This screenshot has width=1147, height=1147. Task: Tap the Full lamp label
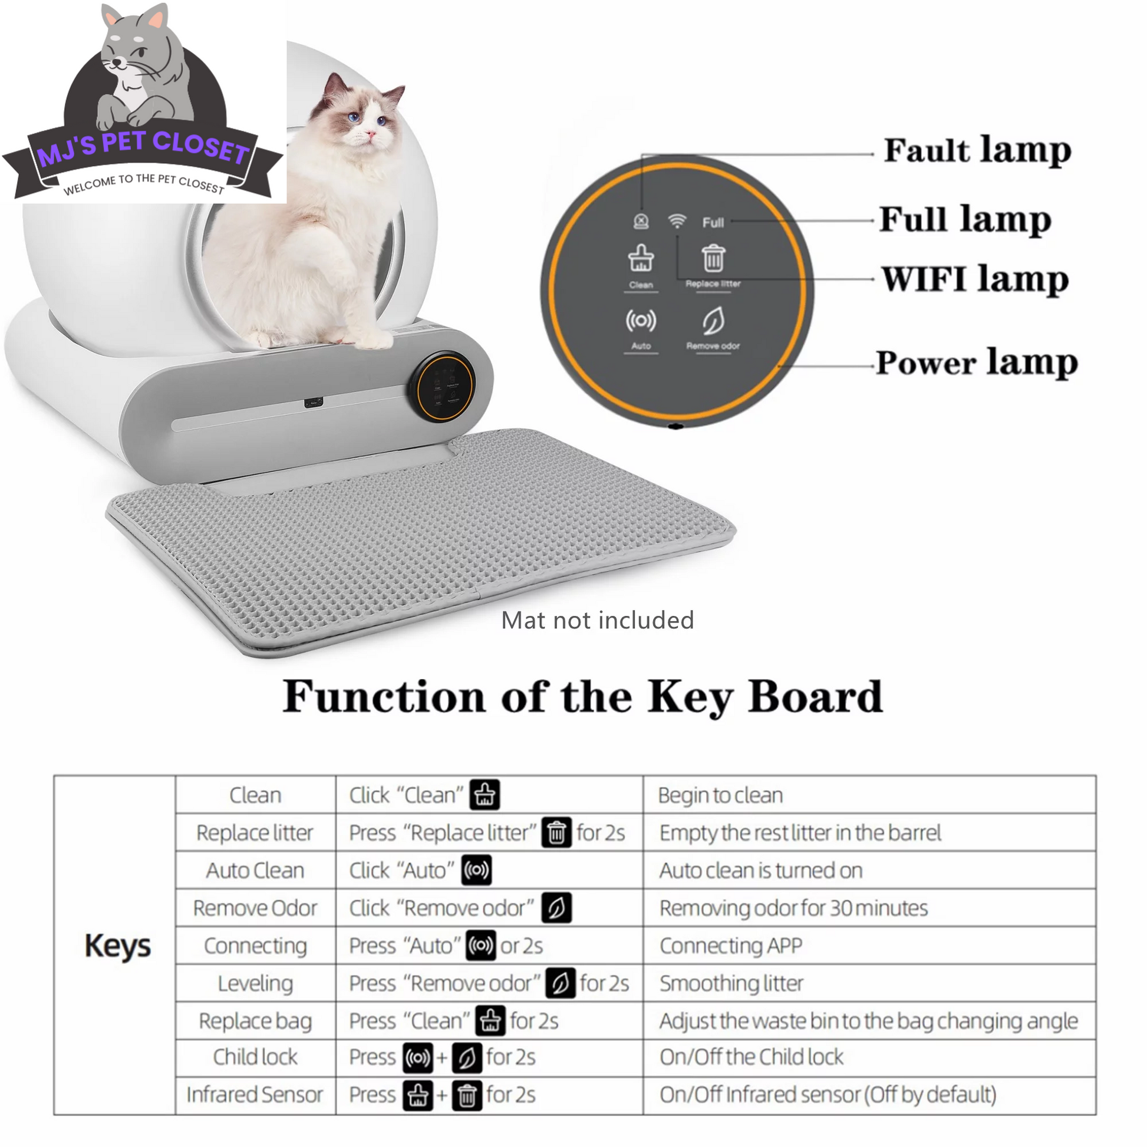[x=965, y=219]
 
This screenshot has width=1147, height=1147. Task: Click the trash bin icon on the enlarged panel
[x=713, y=259]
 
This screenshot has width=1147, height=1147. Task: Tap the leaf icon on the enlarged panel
[x=713, y=321]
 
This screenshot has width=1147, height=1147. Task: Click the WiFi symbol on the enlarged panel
[x=677, y=222]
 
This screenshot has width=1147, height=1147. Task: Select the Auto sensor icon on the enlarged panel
[x=641, y=321]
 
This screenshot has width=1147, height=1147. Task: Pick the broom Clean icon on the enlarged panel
[x=641, y=258]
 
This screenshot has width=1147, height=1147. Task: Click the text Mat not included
[x=597, y=621]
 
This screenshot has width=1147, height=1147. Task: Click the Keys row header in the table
[x=117, y=945]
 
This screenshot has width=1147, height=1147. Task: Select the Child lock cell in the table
[x=255, y=1057]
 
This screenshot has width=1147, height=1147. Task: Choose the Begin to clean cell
[x=720, y=795]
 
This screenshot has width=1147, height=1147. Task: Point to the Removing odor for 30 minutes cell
[x=793, y=908]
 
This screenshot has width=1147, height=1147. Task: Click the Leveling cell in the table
[x=255, y=983]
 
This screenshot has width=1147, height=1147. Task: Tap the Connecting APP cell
[x=731, y=945]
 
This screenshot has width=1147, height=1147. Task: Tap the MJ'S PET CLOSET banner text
[x=143, y=149]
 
